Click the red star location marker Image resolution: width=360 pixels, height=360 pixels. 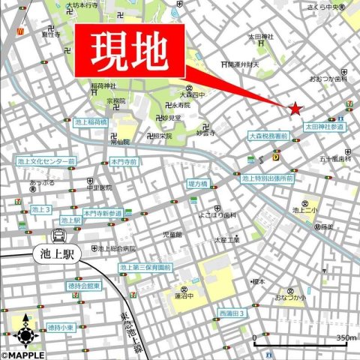click(x=295, y=109)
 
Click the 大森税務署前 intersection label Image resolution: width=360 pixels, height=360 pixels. click(x=268, y=137)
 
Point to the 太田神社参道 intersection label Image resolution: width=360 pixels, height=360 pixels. click(x=325, y=127)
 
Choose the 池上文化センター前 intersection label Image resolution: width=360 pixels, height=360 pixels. click(x=46, y=161)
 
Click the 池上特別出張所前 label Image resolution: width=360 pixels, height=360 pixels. click(x=267, y=178)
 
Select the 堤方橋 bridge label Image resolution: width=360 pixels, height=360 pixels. click(x=198, y=183)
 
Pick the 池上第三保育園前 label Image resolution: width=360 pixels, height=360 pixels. click(x=145, y=267)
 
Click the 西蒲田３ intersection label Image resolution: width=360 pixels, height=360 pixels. click(x=232, y=313)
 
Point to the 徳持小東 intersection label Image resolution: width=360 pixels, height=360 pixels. click(x=60, y=328)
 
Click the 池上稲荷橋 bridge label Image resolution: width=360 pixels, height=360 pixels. click(x=91, y=122)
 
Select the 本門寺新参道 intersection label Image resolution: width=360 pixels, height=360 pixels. click(x=103, y=214)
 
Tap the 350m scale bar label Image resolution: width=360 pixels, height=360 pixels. click(x=346, y=339)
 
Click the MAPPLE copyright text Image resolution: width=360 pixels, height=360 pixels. click(x=22, y=355)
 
